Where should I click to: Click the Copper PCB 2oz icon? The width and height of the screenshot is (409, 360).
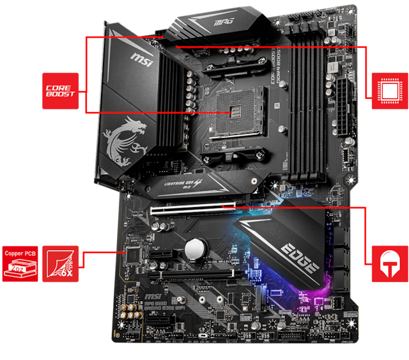point(20,263)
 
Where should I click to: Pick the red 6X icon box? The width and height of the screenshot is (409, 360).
point(61,263)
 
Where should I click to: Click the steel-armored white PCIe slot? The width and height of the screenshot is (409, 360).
point(191,208)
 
